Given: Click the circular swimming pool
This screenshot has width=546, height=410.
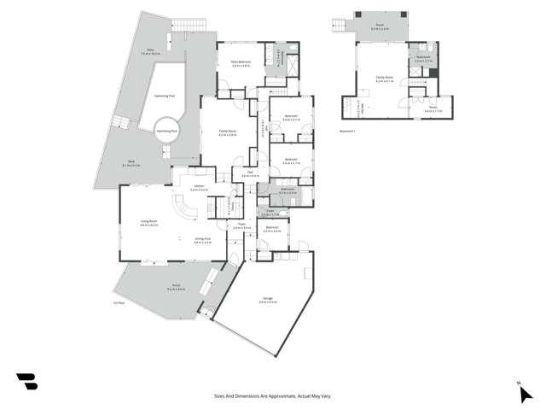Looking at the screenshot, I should point(166,132).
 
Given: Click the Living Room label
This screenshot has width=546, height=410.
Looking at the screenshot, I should point(149,223).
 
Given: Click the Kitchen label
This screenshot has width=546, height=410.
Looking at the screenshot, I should point(199,187).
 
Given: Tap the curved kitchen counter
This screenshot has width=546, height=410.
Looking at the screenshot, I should point(185,209).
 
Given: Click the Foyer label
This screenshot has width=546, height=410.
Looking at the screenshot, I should point(241,225).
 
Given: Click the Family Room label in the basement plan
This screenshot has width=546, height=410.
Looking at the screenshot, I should point(384,78).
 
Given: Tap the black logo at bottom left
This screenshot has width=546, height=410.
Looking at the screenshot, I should point(26,381).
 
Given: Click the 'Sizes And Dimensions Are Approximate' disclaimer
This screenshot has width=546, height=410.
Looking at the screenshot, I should point(272,396).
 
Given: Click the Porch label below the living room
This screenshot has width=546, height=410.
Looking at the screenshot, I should point(176,287).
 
